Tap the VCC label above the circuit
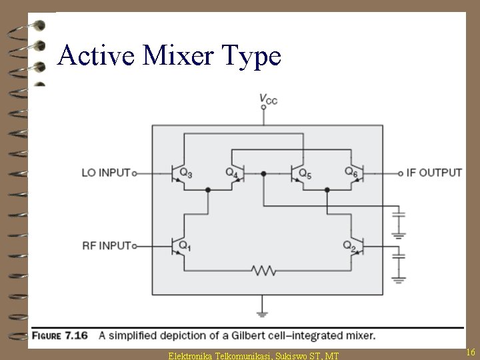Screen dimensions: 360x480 pos(268,99)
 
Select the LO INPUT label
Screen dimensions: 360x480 pos(105,173)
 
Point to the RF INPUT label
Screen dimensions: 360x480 pos(105,246)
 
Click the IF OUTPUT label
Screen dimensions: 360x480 pos(434,173)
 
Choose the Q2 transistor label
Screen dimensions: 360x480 pos(349,246)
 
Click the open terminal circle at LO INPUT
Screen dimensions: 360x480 pos(134,173)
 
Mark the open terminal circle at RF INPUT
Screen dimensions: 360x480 pos(134,247)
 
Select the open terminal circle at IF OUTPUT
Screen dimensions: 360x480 pos(400,173)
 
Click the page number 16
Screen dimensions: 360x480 pos(470,352)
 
